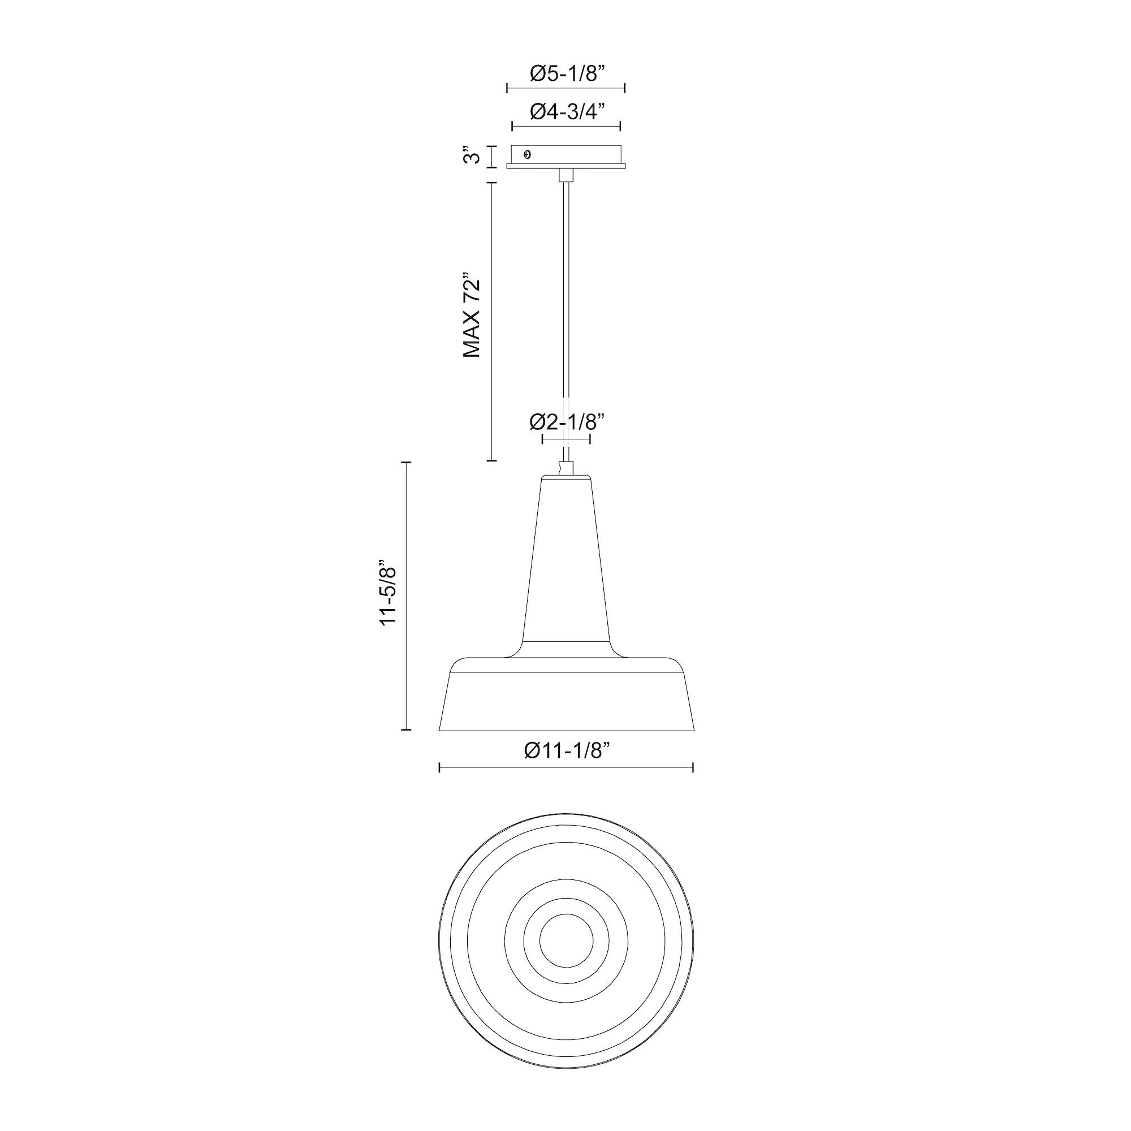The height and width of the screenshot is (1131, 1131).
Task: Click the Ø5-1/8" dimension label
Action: click(566, 74)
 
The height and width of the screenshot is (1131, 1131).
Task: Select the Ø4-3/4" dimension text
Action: click(566, 111)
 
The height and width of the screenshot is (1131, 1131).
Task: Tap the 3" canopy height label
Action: click(472, 156)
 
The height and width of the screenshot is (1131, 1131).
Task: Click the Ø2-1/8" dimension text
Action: click(566, 421)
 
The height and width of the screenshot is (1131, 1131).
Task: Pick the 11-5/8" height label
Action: click(388, 596)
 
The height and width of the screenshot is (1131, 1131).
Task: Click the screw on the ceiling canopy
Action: click(528, 154)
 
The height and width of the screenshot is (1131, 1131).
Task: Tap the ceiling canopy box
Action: click(566, 156)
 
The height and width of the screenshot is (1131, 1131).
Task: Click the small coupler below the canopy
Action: click(566, 175)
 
